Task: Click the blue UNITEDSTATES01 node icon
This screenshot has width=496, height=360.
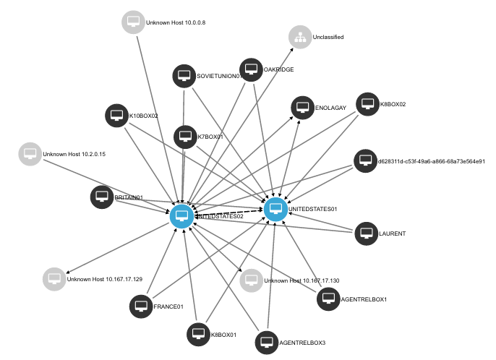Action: [274, 210]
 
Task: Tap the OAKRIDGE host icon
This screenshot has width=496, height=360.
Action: [251, 69]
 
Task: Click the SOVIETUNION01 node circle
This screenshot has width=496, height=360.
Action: [184, 76]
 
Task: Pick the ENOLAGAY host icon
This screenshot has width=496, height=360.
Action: [302, 107]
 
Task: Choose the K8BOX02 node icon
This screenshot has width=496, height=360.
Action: [367, 104]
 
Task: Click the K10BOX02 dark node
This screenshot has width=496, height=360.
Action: [116, 116]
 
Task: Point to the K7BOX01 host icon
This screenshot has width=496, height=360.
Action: [185, 136]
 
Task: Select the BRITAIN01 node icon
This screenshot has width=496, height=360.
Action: [102, 197]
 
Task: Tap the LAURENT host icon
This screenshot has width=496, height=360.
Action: [367, 233]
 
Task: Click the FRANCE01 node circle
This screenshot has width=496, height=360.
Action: [141, 306]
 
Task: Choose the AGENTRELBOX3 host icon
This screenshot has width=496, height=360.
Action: [267, 342]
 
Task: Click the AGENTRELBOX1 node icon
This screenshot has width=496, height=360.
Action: [328, 299]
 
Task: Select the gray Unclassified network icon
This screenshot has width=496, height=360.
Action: [299, 36]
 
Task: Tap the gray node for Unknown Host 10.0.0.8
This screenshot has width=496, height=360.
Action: [132, 22]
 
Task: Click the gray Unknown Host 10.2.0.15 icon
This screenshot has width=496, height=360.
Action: [30, 154]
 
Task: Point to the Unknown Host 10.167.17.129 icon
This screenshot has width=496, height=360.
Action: [54, 278]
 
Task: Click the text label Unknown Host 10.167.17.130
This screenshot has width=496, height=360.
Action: [302, 280]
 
